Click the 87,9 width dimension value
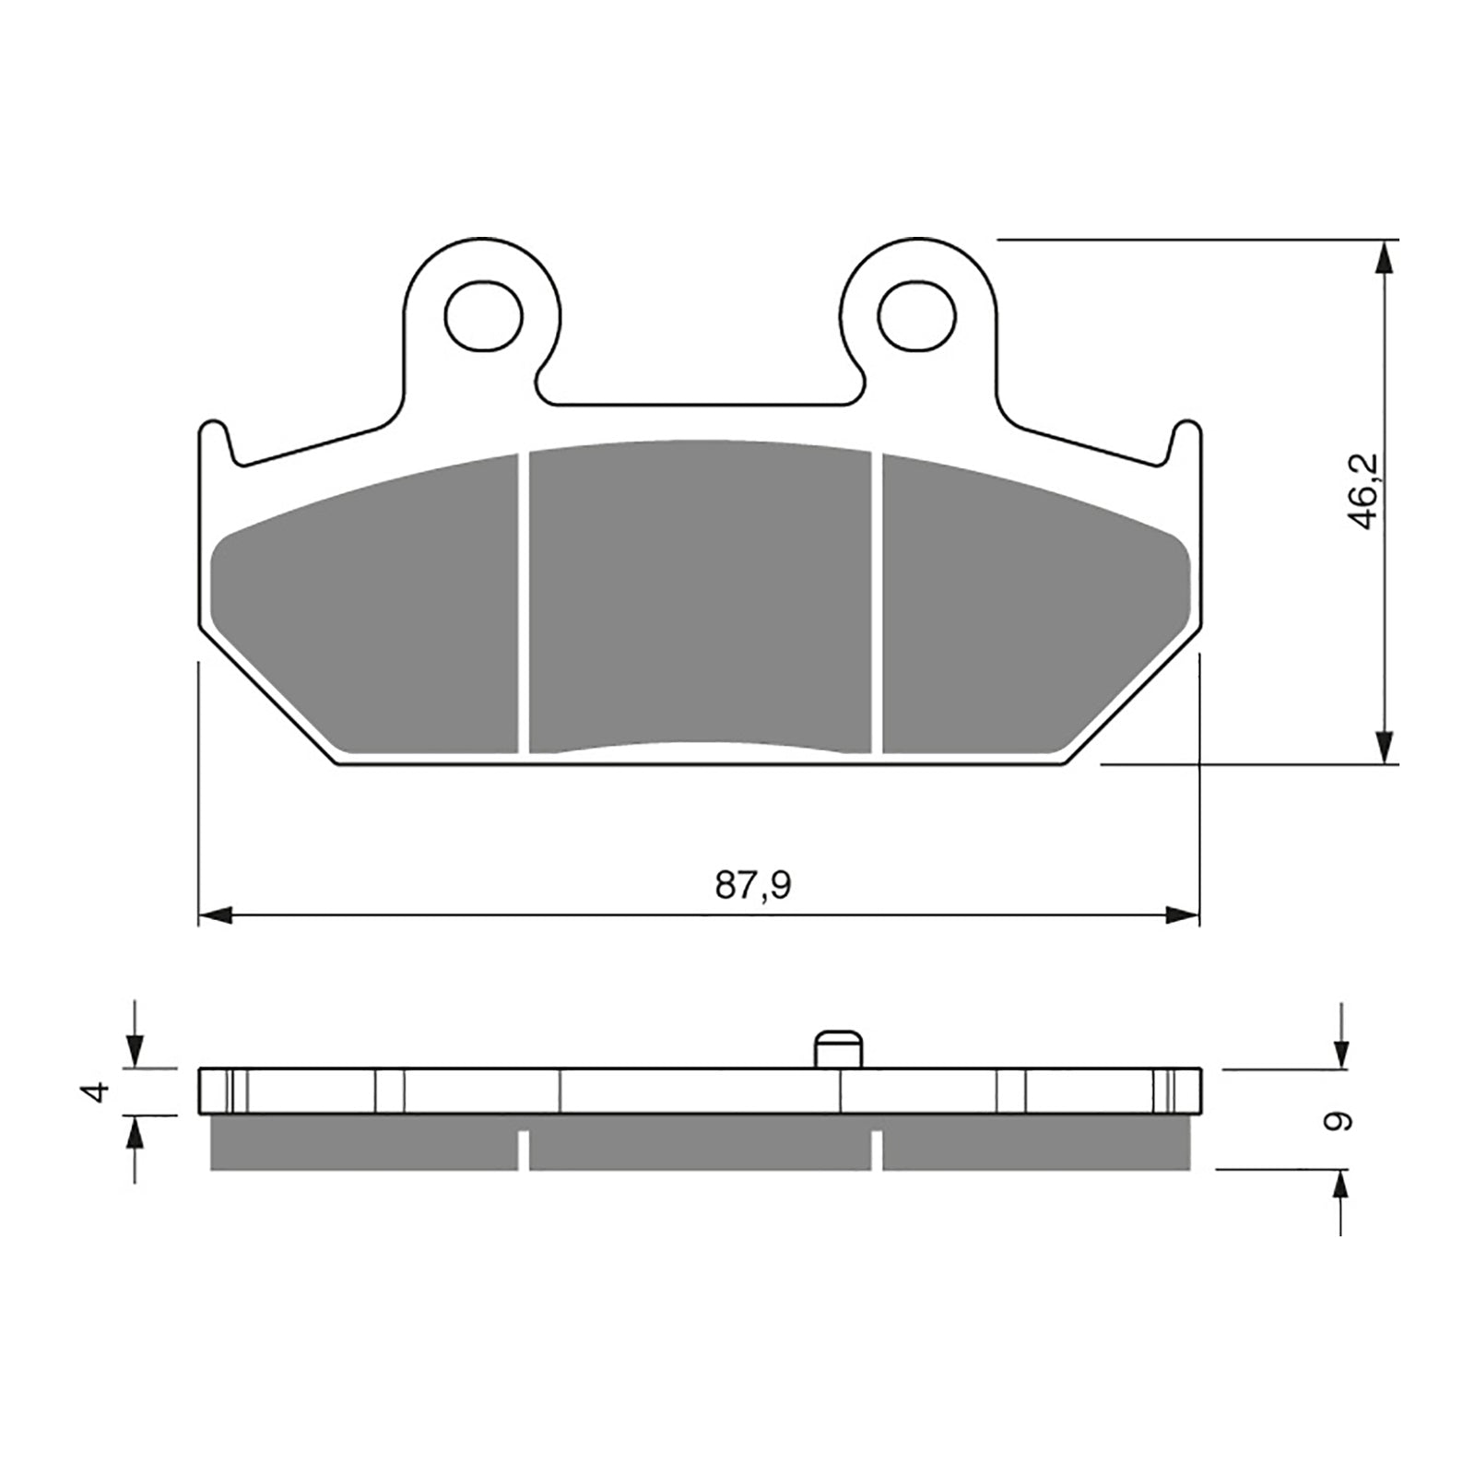(753, 885)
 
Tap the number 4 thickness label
(96, 1092)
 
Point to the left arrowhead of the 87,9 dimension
(214, 914)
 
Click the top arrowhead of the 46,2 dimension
(1383, 258)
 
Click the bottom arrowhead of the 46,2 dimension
(1383, 747)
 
